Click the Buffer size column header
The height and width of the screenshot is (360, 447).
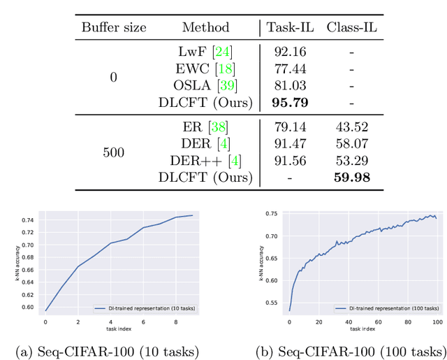(x=114, y=27)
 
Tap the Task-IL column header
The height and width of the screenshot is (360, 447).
(x=288, y=27)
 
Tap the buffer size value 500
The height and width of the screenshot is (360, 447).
(x=114, y=152)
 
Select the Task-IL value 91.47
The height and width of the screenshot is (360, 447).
(x=288, y=145)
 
